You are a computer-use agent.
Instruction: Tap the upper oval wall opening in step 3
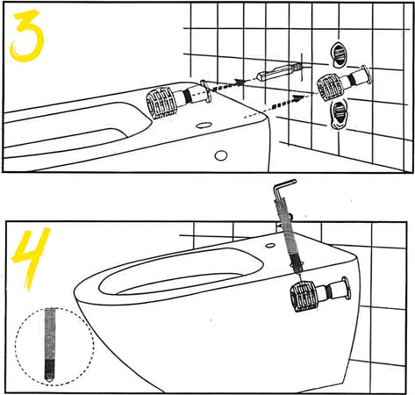click(x=339, y=54)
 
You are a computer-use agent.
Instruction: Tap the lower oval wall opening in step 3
click(x=339, y=114)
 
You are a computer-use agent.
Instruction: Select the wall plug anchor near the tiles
click(x=279, y=72)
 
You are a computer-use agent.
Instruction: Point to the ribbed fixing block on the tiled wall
click(x=331, y=88)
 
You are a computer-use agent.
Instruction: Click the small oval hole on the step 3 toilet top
click(x=204, y=126)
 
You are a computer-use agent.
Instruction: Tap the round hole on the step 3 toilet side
click(x=221, y=155)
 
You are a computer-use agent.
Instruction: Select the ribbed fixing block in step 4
click(x=304, y=296)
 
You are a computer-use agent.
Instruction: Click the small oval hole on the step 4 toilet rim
click(x=270, y=245)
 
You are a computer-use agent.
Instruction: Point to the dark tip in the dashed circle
click(x=50, y=370)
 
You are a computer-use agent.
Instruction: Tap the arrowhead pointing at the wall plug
click(x=241, y=83)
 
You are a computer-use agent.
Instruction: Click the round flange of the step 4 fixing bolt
click(x=346, y=289)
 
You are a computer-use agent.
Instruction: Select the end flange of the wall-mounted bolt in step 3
click(x=366, y=75)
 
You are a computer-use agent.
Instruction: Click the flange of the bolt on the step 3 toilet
click(x=205, y=90)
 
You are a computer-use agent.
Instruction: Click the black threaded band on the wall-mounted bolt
click(x=352, y=80)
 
